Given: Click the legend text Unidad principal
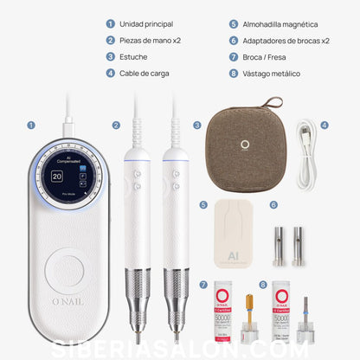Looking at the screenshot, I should click(145, 24).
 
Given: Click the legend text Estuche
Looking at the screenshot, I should click(133, 56).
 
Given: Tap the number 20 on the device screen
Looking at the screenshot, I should click(57, 176).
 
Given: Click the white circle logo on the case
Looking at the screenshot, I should click(245, 145).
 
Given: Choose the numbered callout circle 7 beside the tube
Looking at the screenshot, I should click(203, 285).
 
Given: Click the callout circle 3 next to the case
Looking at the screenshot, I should click(196, 125).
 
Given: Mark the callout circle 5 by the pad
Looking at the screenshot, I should click(202, 205).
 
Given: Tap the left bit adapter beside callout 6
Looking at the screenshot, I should click(280, 246).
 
